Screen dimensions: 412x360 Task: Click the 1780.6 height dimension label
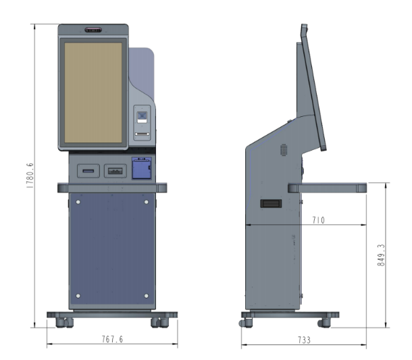(30, 175)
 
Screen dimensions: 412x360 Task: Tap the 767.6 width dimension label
(113, 339)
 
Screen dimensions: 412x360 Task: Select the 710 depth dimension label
(319, 220)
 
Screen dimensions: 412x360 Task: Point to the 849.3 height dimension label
(381, 255)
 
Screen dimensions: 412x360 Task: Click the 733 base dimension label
(304, 340)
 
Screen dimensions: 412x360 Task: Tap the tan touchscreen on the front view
(93, 93)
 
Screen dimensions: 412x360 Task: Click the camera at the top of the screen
(93, 30)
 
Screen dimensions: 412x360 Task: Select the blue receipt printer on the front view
(142, 168)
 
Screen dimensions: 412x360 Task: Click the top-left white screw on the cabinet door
(78, 202)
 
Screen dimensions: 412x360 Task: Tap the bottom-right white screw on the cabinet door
(147, 296)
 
